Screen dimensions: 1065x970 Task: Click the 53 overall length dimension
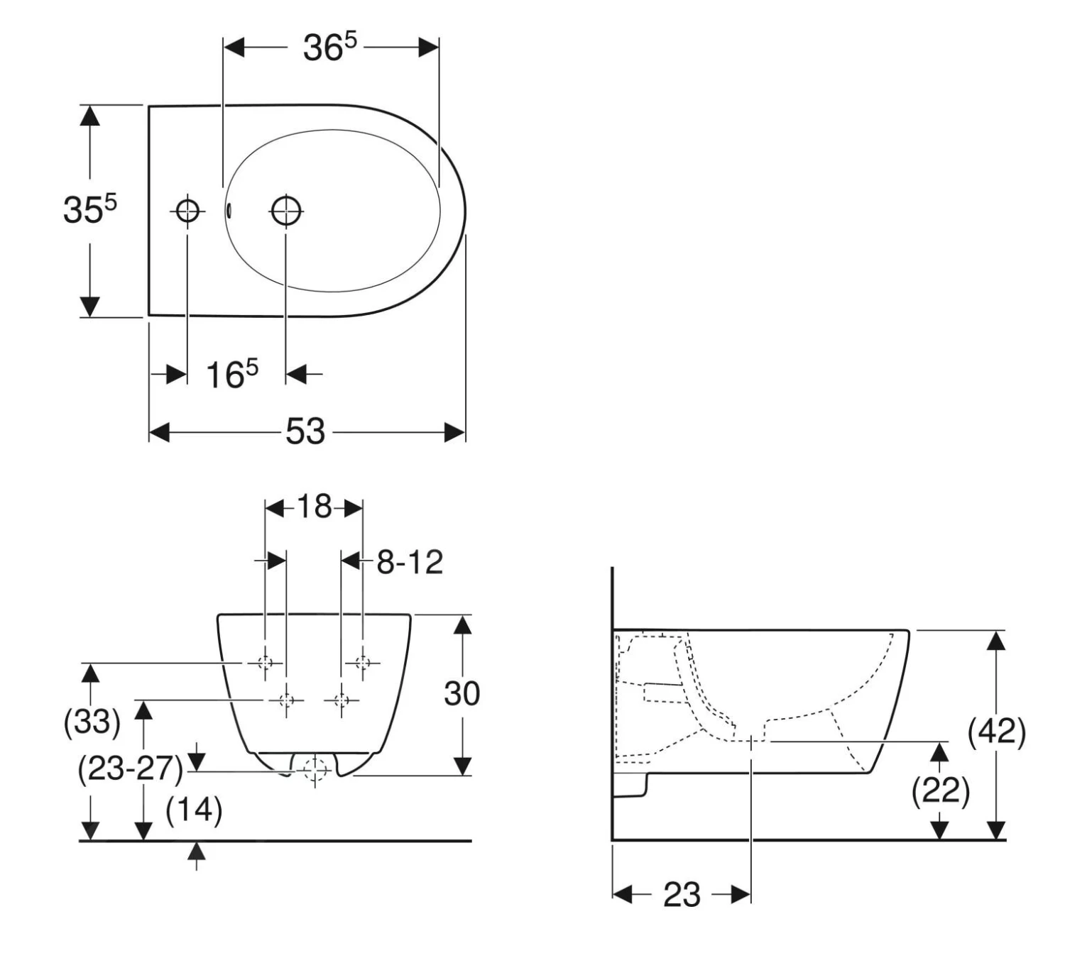tap(305, 431)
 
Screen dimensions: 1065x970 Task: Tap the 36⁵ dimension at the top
tap(329, 48)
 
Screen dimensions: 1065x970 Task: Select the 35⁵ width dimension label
tap(89, 209)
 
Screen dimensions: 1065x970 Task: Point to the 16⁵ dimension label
tap(231, 374)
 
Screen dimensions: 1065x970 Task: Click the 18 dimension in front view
tap(315, 507)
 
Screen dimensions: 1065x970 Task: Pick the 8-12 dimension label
tap(410, 562)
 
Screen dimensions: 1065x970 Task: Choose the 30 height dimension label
tap(461, 693)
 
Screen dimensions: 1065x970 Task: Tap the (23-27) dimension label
tap(131, 769)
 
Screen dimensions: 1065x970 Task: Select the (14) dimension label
tap(194, 811)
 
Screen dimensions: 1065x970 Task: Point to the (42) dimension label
tap(997, 732)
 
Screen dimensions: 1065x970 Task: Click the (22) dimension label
tap(940, 791)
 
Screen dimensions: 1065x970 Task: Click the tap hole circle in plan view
tap(187, 211)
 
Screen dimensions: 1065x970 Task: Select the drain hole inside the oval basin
tap(285, 211)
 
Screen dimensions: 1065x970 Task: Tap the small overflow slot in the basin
tap(229, 211)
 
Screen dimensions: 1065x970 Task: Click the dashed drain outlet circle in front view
tap(315, 770)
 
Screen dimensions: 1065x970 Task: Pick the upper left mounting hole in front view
tap(265, 663)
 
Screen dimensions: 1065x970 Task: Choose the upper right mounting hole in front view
tap(363, 663)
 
